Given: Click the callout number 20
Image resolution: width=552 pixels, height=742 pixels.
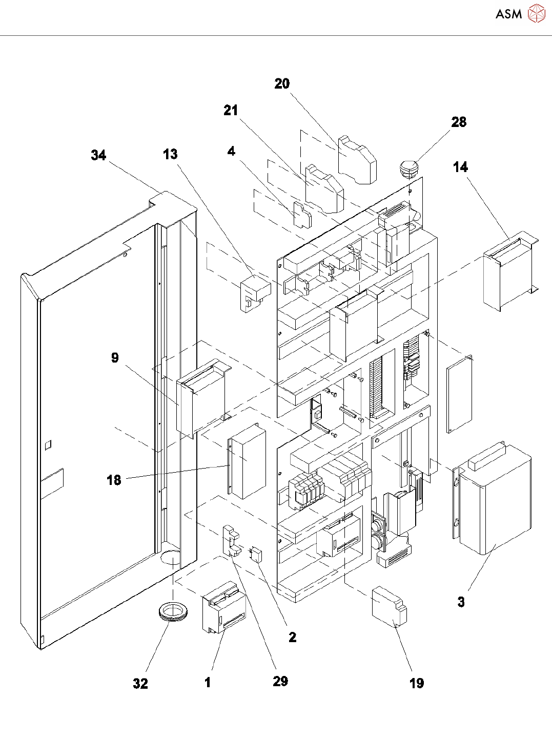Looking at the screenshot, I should [282, 84].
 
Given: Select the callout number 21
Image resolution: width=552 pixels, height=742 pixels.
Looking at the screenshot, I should [231, 110].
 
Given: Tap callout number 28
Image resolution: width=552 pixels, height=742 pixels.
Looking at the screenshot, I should [459, 122].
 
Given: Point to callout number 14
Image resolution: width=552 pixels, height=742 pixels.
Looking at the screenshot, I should [460, 167].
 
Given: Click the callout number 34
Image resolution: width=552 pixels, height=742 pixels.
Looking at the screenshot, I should [98, 155].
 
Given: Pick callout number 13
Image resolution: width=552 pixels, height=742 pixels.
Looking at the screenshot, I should [170, 154].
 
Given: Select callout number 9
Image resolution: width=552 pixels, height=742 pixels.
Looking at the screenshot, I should [115, 358].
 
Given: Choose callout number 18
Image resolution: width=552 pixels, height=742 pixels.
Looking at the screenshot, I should [114, 480].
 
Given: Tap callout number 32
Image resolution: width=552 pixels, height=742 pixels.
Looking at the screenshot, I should [140, 684].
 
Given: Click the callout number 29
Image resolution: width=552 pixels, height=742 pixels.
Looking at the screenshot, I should [280, 681].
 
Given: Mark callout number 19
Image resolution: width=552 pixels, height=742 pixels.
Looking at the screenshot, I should [417, 683].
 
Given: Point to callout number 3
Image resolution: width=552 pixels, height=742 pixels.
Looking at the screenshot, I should [461, 602].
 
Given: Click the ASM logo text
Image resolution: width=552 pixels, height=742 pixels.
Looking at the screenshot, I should [508, 14].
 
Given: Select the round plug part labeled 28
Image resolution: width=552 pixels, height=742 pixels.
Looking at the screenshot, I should [408, 167].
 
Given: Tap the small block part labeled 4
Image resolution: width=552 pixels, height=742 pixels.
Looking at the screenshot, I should [302, 215].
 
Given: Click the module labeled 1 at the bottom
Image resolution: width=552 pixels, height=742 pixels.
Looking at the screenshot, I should [224, 607].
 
